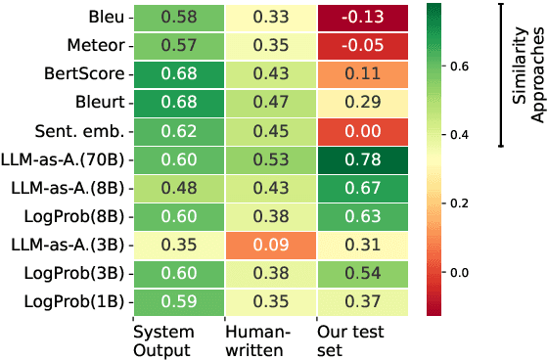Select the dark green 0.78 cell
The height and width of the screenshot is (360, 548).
(x=361, y=158)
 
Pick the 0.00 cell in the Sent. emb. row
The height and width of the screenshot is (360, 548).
(x=361, y=130)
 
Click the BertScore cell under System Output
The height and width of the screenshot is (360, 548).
(x=177, y=73)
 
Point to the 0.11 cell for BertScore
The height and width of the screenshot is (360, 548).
(x=361, y=73)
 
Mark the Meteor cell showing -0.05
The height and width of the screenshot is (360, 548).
(x=361, y=45)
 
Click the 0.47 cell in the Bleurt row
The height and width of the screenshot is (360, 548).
(x=269, y=102)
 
